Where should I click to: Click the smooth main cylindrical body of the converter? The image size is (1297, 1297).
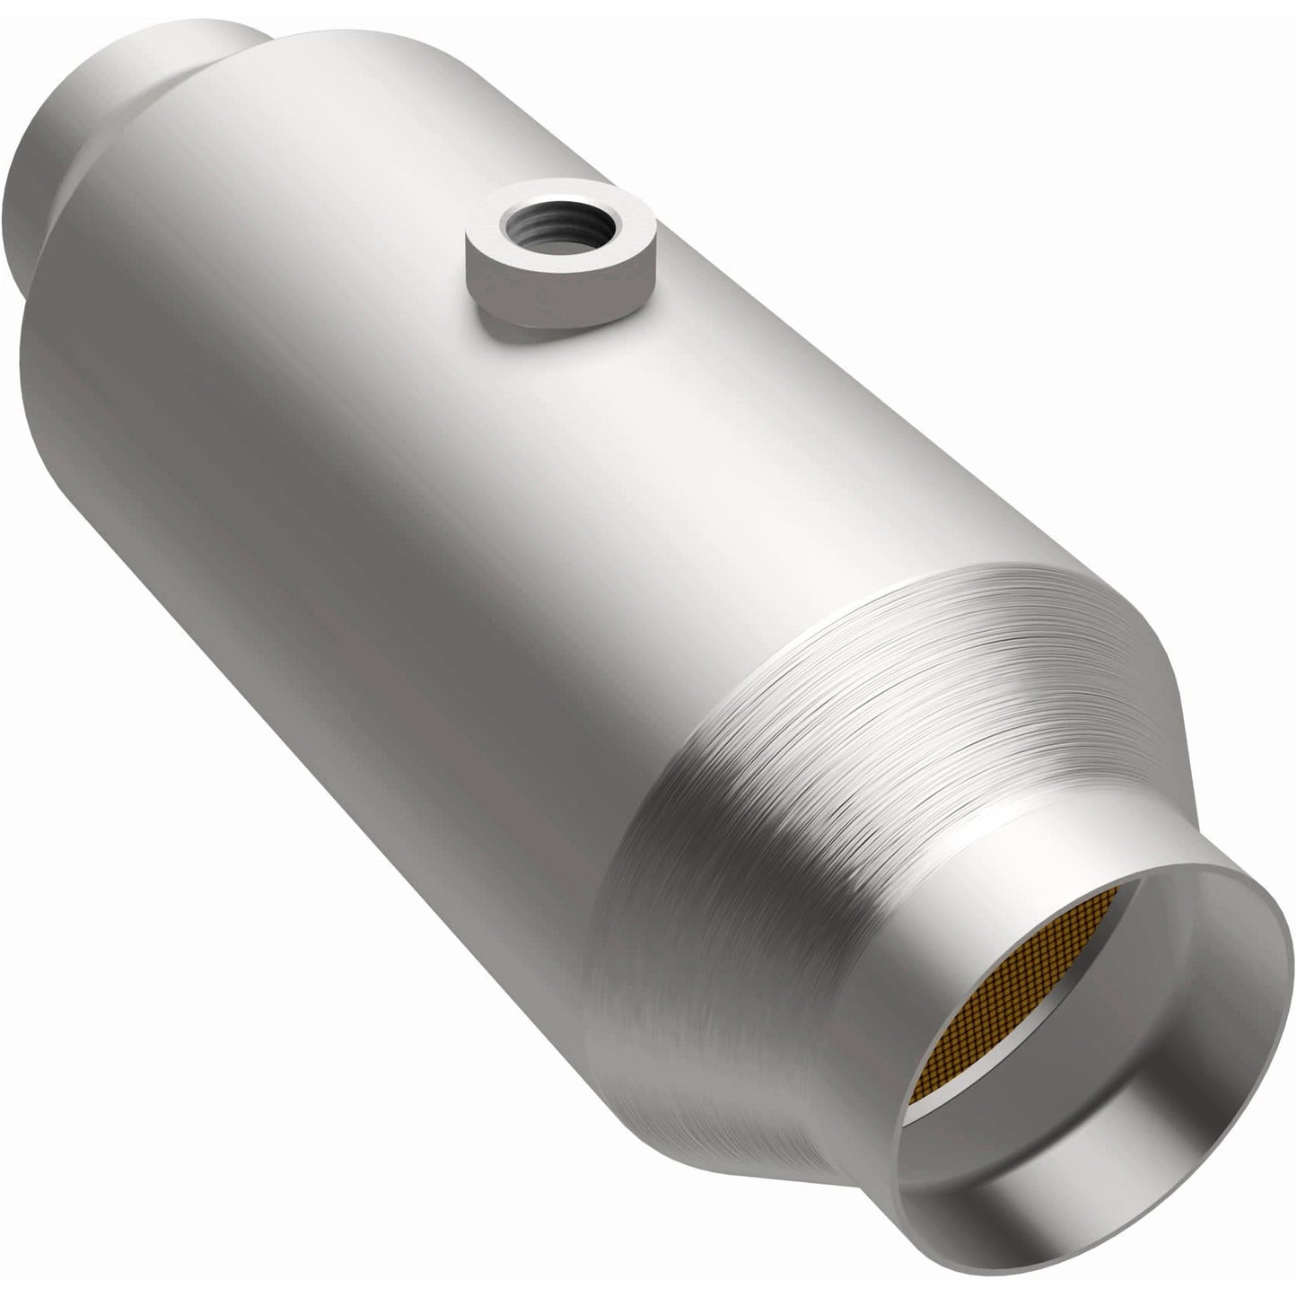click(359, 404)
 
